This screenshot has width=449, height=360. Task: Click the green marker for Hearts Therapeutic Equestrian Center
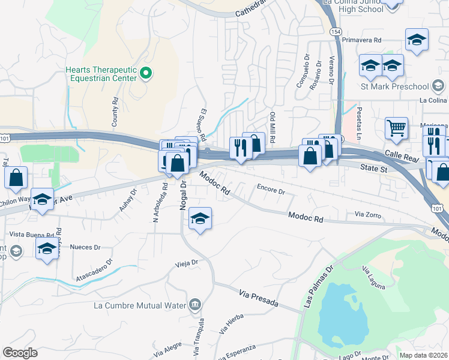click(145, 74)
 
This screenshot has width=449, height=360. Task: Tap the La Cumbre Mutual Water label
click(140, 305)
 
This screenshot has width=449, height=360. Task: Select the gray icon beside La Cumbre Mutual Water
click(194, 305)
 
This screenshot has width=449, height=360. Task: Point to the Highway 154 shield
click(333, 31)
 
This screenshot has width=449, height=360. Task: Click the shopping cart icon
click(396, 127)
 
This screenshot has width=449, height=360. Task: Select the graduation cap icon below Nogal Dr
click(200, 219)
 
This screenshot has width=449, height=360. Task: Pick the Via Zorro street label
click(368, 214)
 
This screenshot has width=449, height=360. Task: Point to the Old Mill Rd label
click(273, 127)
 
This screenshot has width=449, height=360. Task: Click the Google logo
click(20, 353)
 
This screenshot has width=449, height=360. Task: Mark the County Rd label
click(114, 113)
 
